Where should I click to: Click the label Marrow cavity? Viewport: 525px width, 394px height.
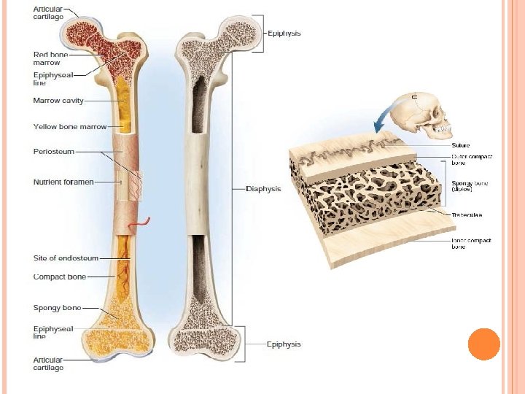58,101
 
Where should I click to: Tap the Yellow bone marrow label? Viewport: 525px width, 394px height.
70,127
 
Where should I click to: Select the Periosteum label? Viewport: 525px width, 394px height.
53,152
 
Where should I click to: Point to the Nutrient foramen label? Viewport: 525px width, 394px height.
63,182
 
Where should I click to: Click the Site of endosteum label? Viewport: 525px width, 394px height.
66,258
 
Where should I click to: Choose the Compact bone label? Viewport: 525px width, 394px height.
60,277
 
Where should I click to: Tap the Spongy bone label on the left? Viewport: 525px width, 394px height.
57,308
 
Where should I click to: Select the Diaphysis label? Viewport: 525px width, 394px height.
263,188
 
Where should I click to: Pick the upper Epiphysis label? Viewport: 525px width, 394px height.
284,34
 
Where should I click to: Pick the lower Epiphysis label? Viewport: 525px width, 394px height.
284,344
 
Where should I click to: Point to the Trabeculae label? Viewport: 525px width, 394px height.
467,215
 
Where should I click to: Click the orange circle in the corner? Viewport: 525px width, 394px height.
483,344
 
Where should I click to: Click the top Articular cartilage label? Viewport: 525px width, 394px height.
48,13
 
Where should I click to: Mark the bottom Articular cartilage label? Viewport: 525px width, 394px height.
49,363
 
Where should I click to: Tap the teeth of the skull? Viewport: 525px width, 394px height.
442,131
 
